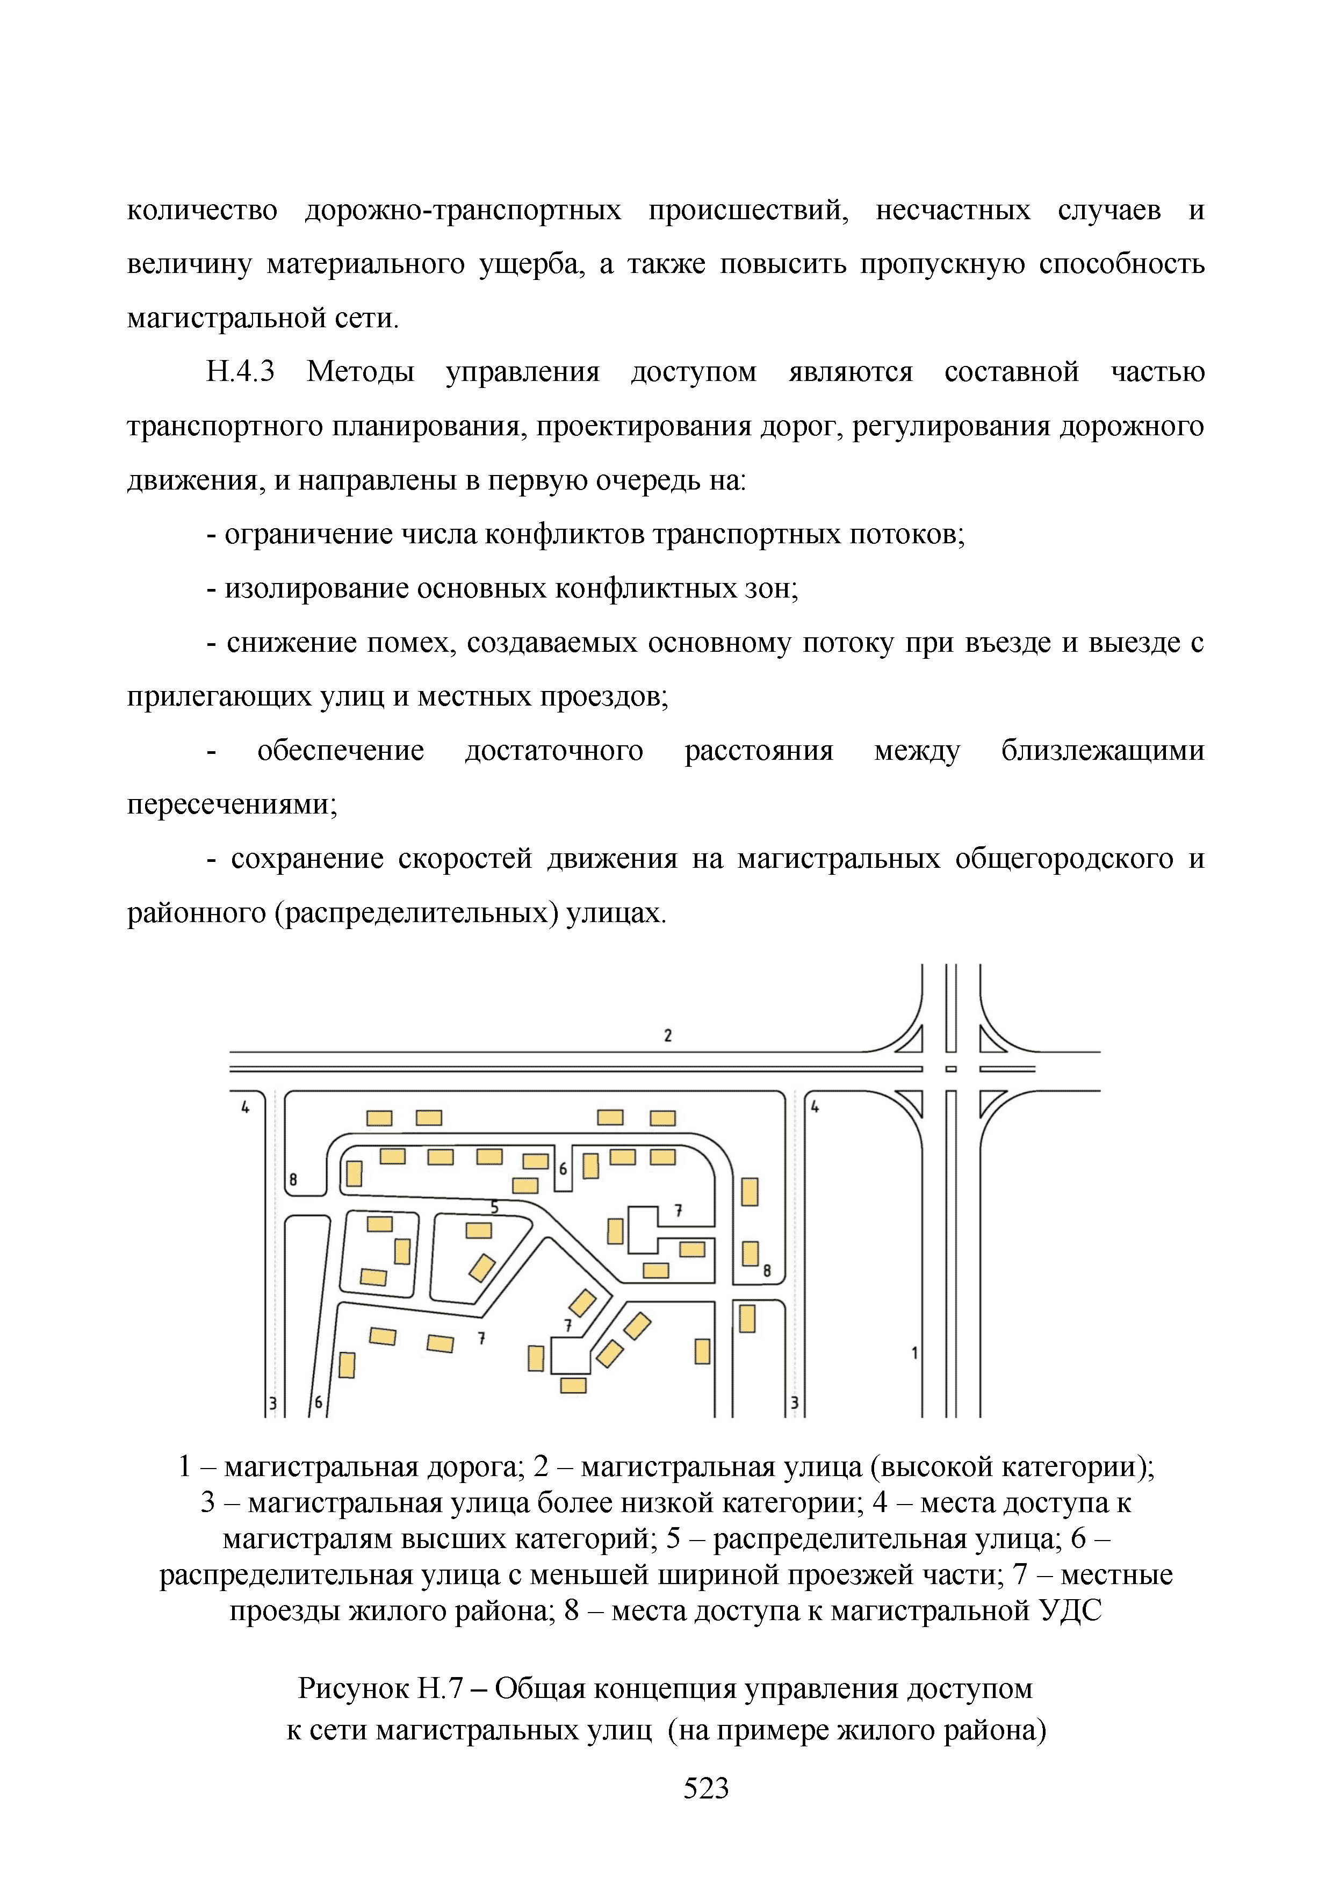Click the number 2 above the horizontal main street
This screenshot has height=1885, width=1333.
coord(667,1035)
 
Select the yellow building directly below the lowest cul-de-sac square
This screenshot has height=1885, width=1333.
coord(572,1386)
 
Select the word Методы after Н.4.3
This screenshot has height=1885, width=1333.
coord(361,372)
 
